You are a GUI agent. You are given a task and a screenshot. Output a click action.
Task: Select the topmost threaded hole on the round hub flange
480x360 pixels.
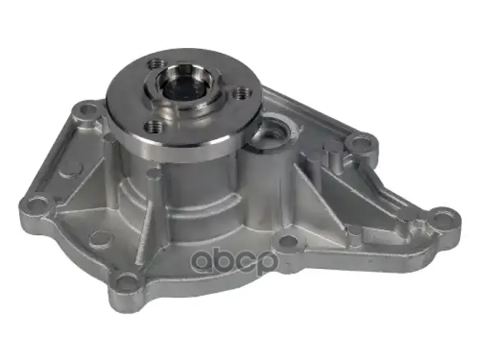pyautogui.click(x=155, y=64)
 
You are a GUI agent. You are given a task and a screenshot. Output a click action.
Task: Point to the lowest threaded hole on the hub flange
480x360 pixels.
pyautogui.click(x=154, y=127)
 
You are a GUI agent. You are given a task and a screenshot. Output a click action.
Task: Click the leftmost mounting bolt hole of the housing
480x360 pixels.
pyautogui.click(x=36, y=203)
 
